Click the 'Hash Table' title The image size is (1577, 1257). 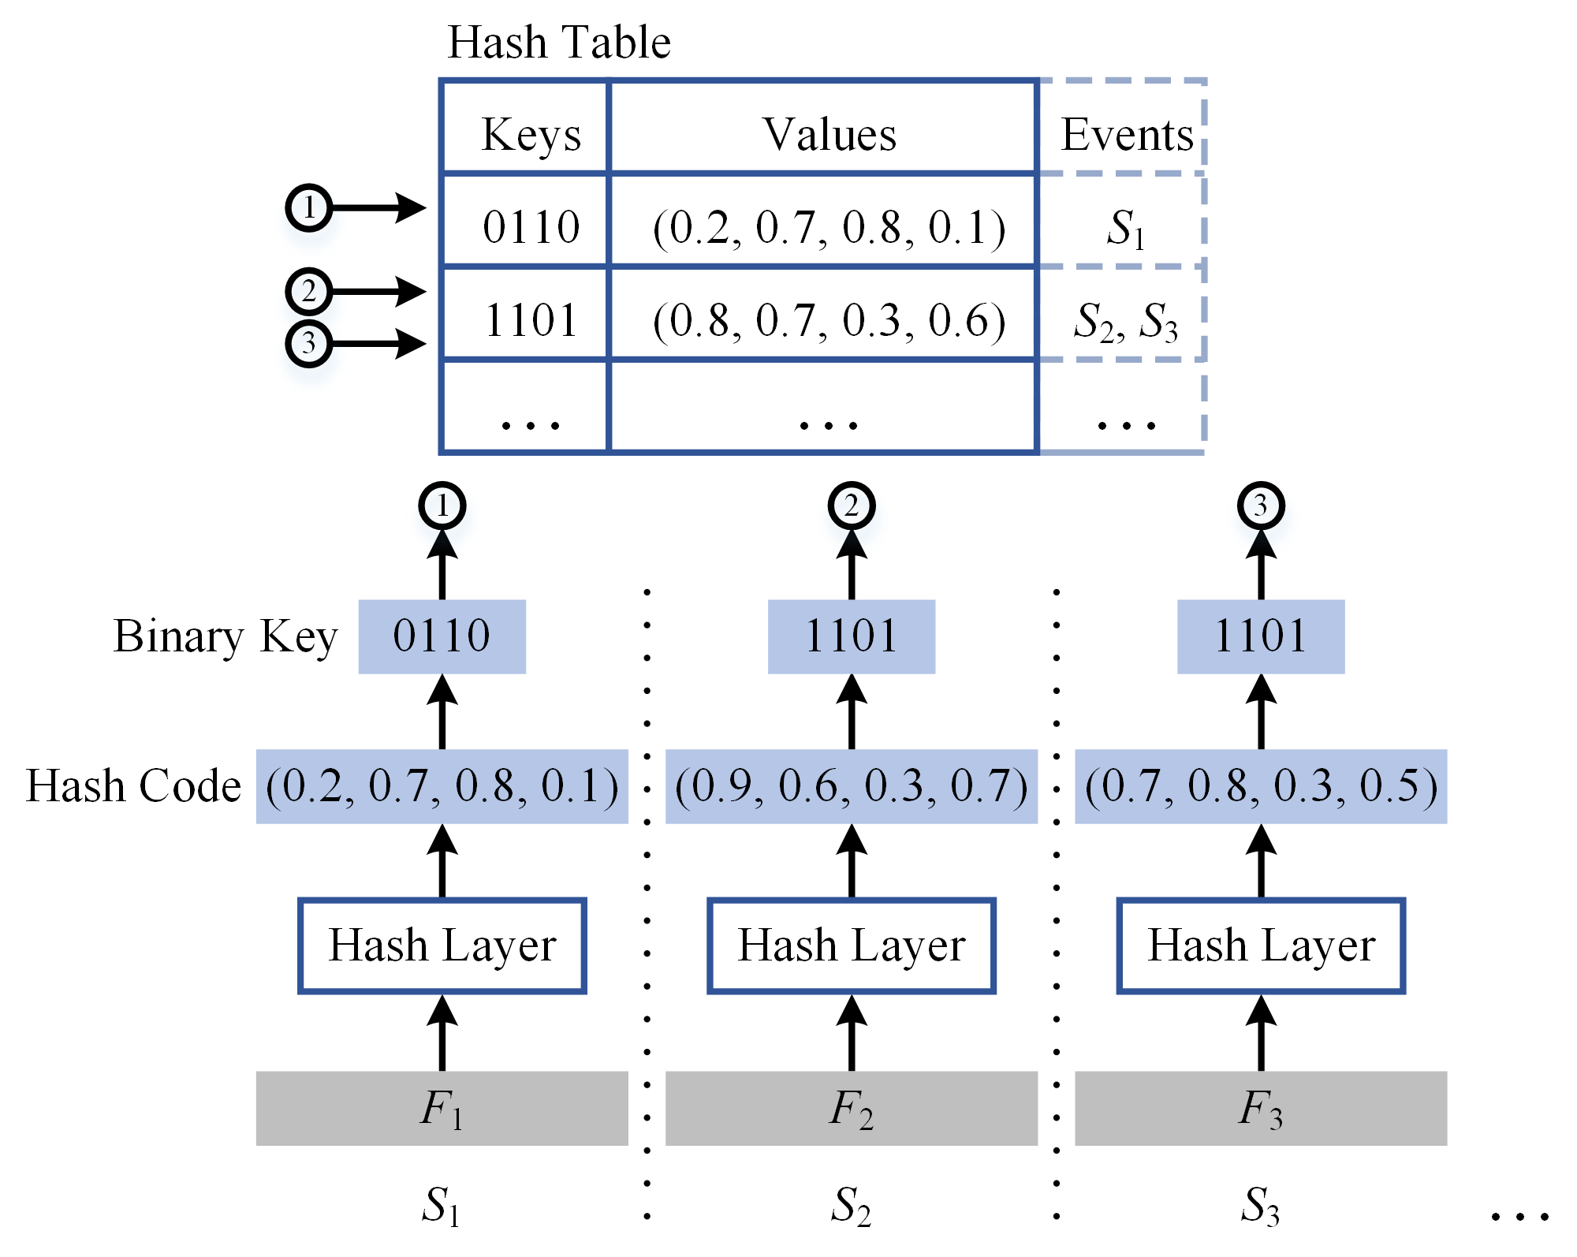point(558,43)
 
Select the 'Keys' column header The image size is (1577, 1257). point(530,134)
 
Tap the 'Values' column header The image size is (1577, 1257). point(829,134)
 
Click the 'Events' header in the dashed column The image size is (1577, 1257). point(1126,134)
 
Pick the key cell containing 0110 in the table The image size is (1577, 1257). point(530,227)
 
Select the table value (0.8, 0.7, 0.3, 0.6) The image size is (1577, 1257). point(829,320)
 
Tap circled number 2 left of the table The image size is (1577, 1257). point(308,292)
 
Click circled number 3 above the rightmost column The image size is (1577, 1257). point(1260,505)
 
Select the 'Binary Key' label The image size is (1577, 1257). point(226,637)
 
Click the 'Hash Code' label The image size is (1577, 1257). point(133,786)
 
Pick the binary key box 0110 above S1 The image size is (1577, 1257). point(442,636)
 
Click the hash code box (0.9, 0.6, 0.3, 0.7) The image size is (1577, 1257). point(851,786)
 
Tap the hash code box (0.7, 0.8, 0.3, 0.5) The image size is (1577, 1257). point(1260,786)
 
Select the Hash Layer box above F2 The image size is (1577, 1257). point(851,945)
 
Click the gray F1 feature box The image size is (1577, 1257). point(442,1107)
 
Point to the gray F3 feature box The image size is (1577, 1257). point(1260,1107)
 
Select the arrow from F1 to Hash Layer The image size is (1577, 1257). point(442,1033)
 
